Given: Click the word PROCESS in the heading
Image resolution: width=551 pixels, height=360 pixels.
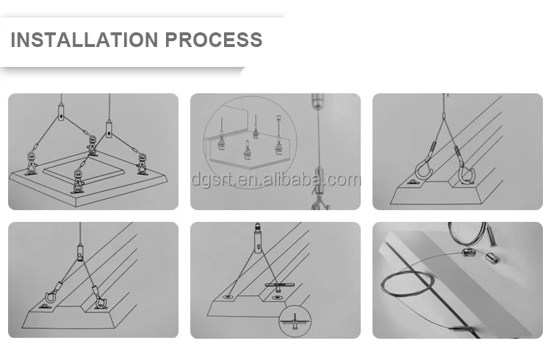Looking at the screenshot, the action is [214, 40].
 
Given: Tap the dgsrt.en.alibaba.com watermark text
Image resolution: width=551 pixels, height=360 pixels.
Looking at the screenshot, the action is [276, 179].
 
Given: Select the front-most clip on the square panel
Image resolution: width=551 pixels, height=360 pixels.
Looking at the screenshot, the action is [78, 181].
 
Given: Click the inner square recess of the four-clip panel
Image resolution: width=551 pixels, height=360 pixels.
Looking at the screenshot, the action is [84, 172].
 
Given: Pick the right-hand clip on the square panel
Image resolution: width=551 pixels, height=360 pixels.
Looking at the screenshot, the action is [143, 164].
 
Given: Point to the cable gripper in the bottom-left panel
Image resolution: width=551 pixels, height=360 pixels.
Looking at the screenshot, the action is [81, 252].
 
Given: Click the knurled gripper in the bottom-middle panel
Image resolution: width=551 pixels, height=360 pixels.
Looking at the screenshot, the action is [258, 239].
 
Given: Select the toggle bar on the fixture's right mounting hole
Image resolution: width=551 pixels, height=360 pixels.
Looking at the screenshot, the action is [277, 285].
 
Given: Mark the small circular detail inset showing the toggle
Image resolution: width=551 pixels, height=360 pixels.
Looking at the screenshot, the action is [295, 321].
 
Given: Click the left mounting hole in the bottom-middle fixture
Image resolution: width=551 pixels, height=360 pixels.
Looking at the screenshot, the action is [228, 298].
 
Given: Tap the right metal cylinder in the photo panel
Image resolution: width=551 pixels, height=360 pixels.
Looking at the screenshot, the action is [493, 259].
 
